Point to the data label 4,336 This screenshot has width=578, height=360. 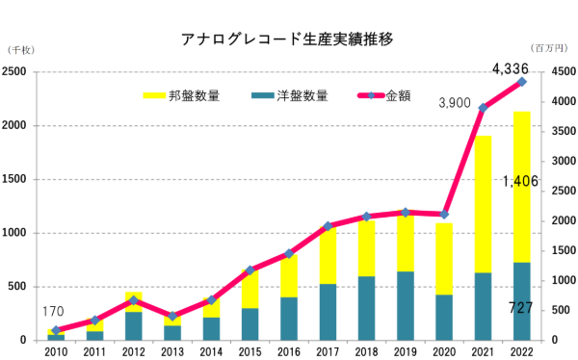509,68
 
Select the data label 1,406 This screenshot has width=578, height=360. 520,181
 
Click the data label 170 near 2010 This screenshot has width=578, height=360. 54,311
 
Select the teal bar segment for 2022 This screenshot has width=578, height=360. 521,301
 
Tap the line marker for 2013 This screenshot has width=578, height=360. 172,316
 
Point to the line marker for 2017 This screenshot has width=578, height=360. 328,226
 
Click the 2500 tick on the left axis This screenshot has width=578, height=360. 15,72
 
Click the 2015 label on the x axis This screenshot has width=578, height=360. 250,351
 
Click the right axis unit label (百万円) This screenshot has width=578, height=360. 549,48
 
